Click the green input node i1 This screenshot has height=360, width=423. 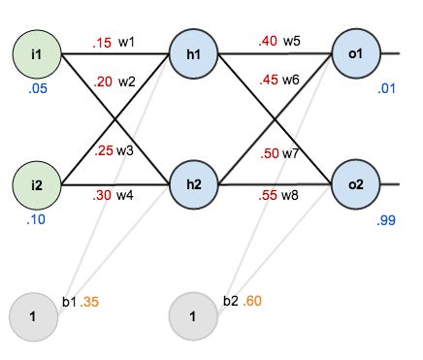[36, 53]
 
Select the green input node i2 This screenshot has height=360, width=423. [36, 182]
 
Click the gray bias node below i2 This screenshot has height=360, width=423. [34, 315]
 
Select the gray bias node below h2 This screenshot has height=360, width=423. [194, 315]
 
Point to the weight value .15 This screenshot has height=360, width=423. [102, 44]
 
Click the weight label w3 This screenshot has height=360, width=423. [126, 151]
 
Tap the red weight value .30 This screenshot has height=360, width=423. [102, 194]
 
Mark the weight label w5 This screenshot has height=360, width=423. [293, 42]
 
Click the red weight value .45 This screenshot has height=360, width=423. [267, 80]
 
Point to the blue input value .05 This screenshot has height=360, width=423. [36, 96]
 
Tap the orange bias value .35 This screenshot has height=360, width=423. [90, 303]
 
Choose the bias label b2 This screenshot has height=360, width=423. [230, 303]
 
